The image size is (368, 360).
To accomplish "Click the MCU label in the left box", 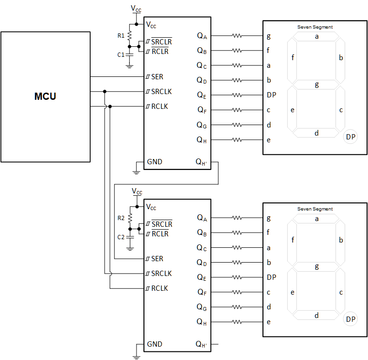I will pyautogui.click(x=45, y=96).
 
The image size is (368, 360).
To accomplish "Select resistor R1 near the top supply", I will pyautogui.click(x=129, y=35).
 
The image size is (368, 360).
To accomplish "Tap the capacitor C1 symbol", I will pyautogui.click(x=129, y=54).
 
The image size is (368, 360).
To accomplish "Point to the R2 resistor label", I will pyautogui.click(x=121, y=218).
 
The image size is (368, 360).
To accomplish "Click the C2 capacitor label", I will pyautogui.click(x=121, y=237).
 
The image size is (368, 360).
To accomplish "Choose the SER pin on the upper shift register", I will pyautogui.click(x=157, y=76).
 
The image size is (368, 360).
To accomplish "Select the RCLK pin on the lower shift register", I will pyautogui.click(x=159, y=288).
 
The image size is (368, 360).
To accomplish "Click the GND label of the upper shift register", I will pyautogui.click(x=155, y=162).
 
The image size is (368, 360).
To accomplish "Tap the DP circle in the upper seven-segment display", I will pyautogui.click(x=351, y=137).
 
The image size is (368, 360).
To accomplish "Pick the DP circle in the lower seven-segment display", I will pyautogui.click(x=350, y=319).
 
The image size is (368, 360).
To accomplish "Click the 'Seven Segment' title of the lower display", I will pyautogui.click(x=315, y=209).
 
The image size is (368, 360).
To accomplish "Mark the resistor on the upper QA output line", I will pyautogui.click(x=237, y=36).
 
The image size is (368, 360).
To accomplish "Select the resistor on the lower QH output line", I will pyautogui.click(x=237, y=322).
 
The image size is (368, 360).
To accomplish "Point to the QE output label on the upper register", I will pyautogui.click(x=202, y=95).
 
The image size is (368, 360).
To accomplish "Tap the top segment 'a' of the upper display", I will pyautogui.click(x=316, y=36).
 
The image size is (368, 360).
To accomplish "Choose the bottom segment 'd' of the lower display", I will pyautogui.click(x=316, y=316).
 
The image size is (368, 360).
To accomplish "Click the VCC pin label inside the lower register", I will pyautogui.click(x=151, y=207).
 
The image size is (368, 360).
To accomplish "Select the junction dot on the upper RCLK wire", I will pyautogui.click(x=110, y=106).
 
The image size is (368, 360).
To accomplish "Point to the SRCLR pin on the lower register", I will pyautogui.click(x=162, y=224).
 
